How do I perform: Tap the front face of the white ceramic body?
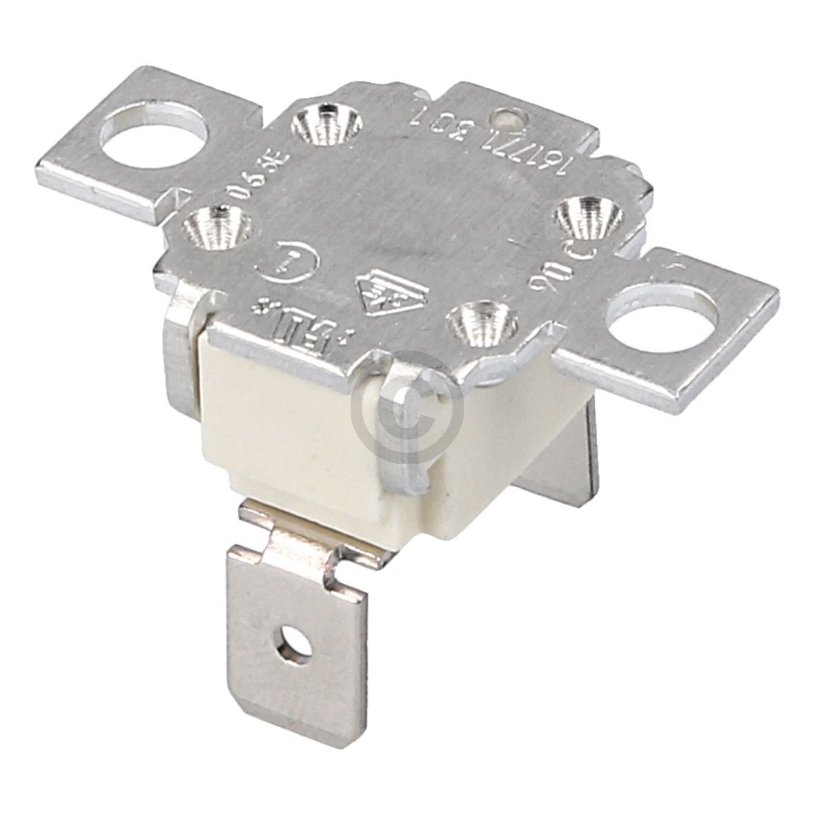[297, 442]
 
